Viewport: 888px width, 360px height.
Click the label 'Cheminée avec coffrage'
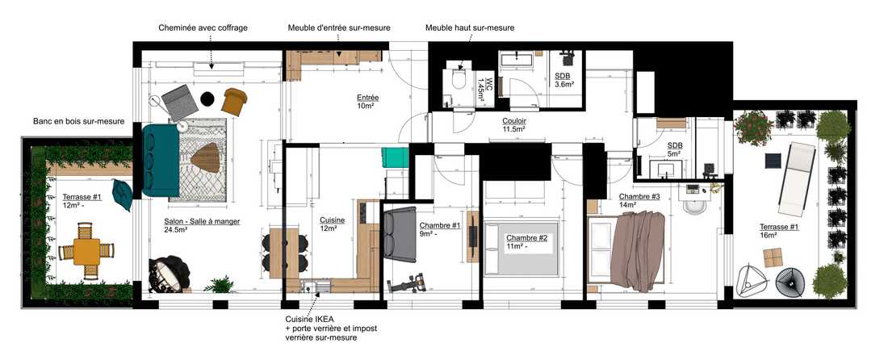tap(203, 27)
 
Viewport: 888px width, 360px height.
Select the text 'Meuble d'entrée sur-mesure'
tap(339, 27)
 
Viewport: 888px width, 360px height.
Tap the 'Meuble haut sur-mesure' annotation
tap(470, 27)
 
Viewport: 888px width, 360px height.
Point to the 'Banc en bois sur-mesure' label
tap(78, 122)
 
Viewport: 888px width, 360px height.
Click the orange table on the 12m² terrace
tap(86, 251)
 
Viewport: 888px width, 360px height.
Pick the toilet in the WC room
tap(458, 78)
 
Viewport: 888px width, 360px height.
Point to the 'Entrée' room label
tap(367, 98)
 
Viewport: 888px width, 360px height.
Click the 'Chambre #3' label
tap(639, 197)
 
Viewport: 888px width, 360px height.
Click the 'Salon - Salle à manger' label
tap(201, 221)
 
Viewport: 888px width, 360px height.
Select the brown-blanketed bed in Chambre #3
tap(638, 248)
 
